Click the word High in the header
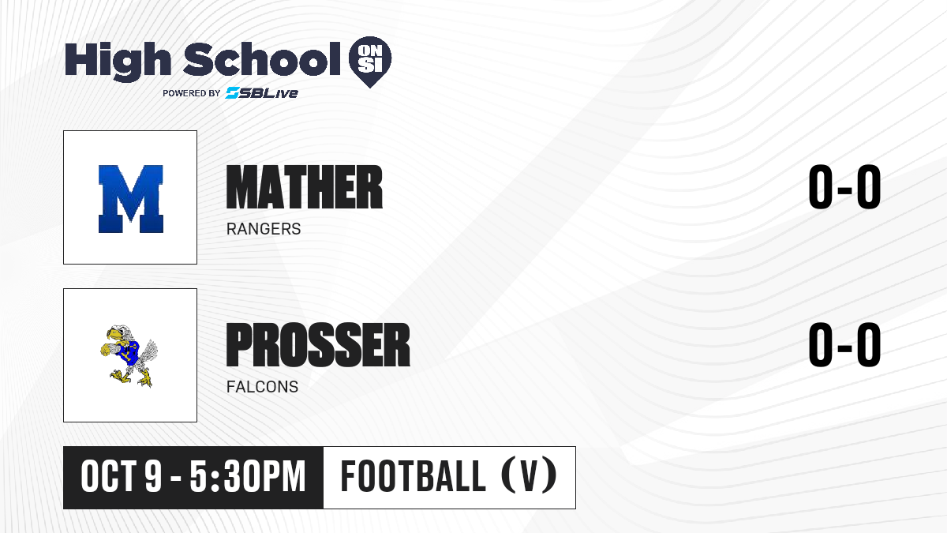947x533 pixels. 118,61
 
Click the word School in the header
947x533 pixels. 262,58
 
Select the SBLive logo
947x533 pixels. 262,92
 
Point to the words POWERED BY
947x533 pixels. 192,93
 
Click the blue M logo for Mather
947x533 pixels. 131,199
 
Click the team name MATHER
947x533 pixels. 305,187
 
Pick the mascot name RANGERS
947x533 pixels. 264,229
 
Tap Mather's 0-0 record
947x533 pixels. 844,186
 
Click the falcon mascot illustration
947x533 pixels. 129,356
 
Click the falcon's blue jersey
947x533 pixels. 129,352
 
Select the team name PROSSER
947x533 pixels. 318,345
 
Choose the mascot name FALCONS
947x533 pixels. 262,387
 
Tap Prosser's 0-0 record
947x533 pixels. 844,344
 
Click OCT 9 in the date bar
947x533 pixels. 122,477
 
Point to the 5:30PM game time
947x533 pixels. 247,477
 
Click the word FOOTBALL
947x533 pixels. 413,477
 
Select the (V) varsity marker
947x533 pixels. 529,475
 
